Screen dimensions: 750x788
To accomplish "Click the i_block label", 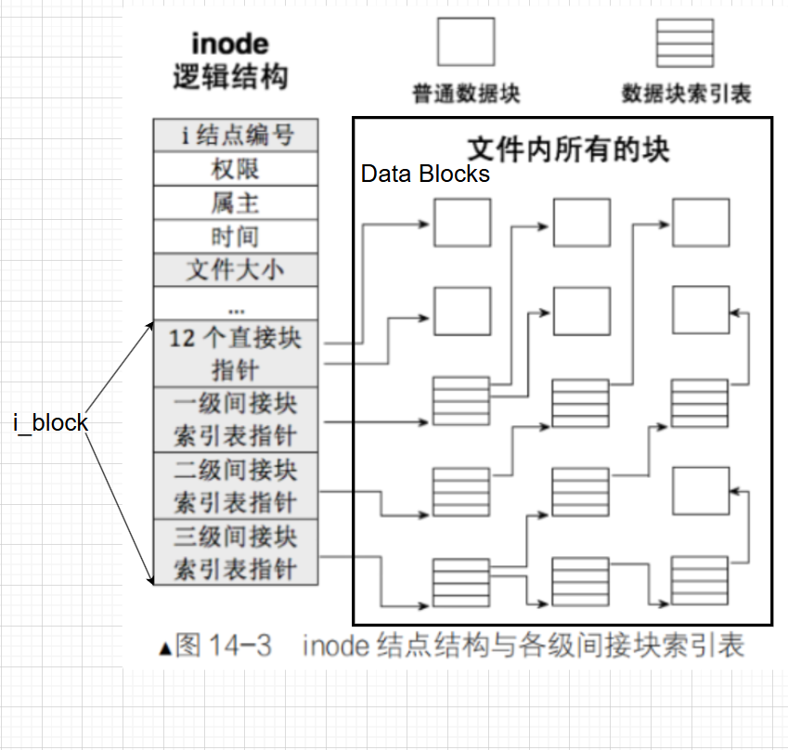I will (x=51, y=423).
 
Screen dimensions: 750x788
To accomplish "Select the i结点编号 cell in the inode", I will (x=236, y=136).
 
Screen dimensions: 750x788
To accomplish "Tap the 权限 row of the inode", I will (x=236, y=169).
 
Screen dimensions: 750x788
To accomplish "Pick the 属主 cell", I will (x=236, y=202).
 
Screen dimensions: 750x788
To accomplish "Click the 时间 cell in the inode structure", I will (x=236, y=237).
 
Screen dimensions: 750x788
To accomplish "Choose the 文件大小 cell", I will (x=236, y=270).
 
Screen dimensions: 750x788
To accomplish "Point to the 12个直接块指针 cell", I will (x=236, y=354).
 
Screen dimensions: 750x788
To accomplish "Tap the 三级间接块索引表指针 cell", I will (x=236, y=553).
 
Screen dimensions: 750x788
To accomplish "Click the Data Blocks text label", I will (x=425, y=174).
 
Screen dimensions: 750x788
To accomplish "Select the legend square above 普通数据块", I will (x=466, y=43).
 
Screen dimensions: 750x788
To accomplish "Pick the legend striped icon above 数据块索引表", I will (x=685, y=43).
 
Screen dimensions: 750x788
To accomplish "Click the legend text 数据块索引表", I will (x=686, y=94).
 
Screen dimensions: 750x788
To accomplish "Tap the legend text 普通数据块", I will (x=466, y=94).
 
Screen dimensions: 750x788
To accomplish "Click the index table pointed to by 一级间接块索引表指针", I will (x=461, y=401).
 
